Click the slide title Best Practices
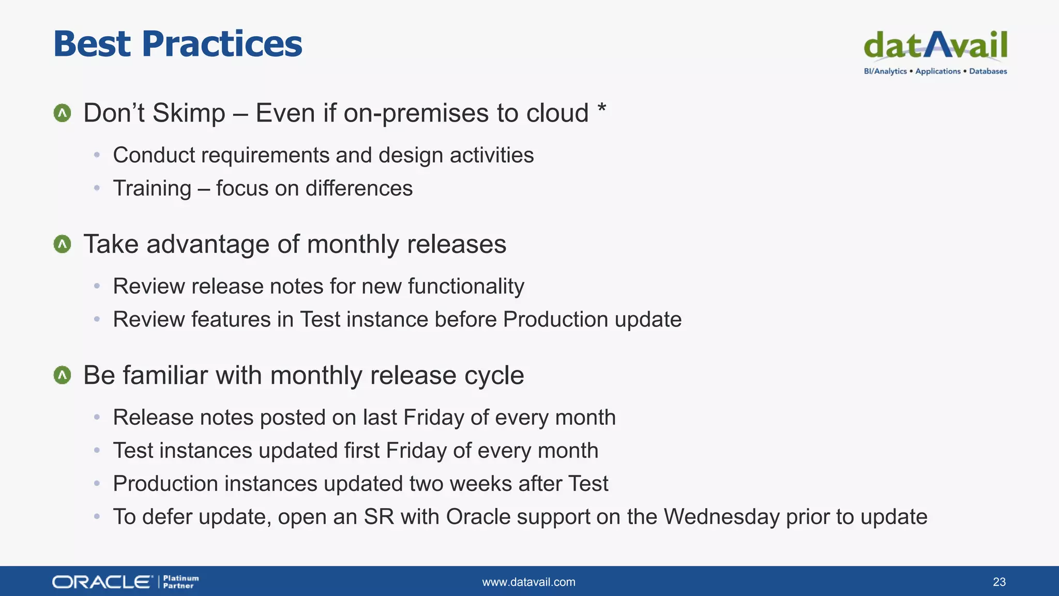click(x=177, y=43)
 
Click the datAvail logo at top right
click(x=935, y=46)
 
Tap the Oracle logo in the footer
click(x=102, y=582)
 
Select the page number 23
click(x=999, y=582)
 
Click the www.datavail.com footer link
click(x=528, y=582)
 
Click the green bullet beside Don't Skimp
click(x=63, y=113)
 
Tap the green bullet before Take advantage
click(x=63, y=244)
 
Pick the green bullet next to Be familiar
click(x=63, y=375)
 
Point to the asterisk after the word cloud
click(x=601, y=109)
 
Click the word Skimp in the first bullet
click(x=189, y=113)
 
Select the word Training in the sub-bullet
click(x=152, y=188)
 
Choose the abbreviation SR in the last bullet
click(x=379, y=517)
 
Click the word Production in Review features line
click(x=555, y=319)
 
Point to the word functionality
click(x=466, y=287)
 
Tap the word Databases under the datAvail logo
click(x=988, y=71)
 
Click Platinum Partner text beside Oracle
click(x=180, y=582)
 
